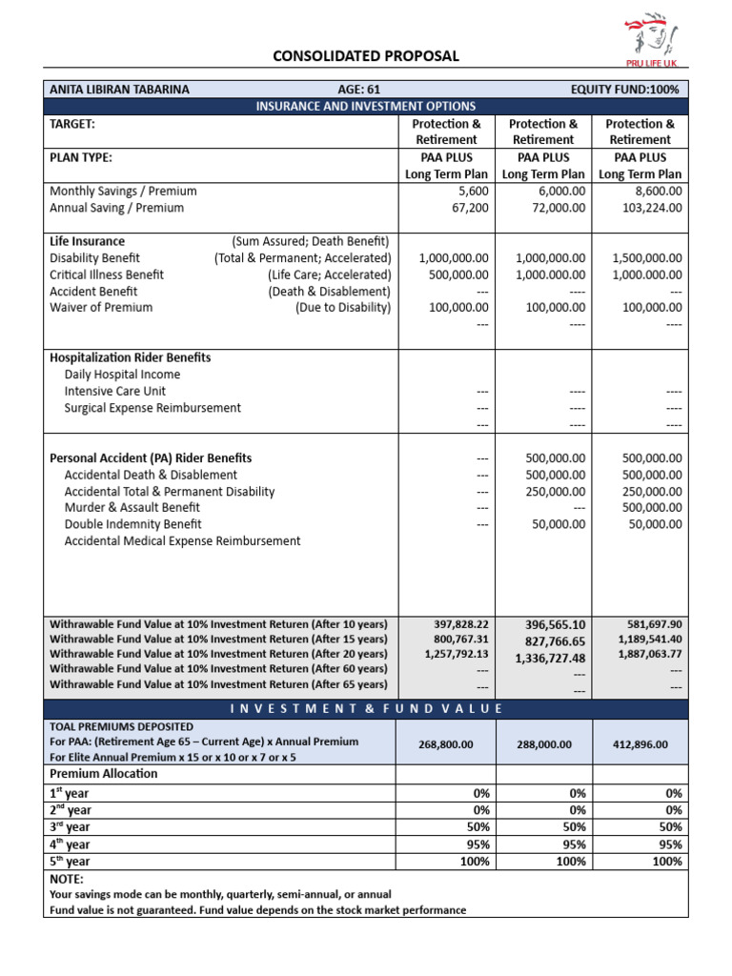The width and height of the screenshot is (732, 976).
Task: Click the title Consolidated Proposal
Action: tap(366, 56)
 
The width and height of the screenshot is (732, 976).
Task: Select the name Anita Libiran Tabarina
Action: tap(119, 90)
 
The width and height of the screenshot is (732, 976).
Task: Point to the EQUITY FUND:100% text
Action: tap(626, 90)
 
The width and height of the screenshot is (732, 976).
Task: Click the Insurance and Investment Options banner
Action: tap(366, 106)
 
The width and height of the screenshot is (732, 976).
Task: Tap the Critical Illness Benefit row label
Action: tap(107, 274)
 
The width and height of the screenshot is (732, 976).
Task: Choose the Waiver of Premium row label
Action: tap(101, 308)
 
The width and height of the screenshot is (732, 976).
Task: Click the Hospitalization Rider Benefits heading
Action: tap(130, 357)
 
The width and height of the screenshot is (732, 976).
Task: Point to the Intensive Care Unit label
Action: tap(115, 391)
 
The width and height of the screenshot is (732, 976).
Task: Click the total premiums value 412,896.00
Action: tap(641, 745)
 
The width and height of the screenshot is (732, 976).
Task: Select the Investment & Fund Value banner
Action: tap(366, 709)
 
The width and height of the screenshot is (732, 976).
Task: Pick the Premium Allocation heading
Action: tap(104, 774)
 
